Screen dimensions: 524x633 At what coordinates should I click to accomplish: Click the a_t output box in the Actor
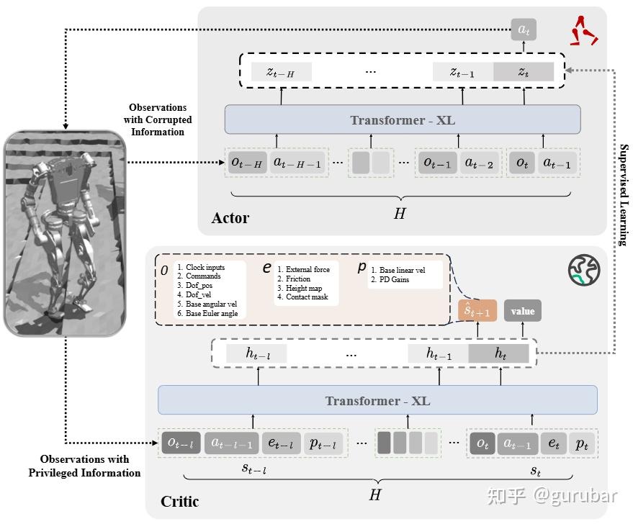(x=524, y=30)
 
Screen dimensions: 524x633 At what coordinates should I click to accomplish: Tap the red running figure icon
(x=584, y=30)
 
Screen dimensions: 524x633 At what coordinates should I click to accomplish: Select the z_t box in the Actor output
(x=524, y=71)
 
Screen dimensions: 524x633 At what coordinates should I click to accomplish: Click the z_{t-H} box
(x=281, y=71)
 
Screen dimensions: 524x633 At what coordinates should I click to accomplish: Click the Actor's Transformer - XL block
(x=403, y=119)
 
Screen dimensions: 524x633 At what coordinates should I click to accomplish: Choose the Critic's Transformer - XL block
(x=377, y=400)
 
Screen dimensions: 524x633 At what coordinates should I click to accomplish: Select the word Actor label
(x=230, y=217)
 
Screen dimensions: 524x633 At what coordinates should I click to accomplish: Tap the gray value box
(x=523, y=311)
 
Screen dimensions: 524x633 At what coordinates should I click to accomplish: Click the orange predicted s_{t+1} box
(x=477, y=311)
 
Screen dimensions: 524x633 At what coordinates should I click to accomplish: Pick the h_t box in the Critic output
(x=498, y=353)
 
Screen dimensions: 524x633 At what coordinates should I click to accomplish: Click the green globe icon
(x=583, y=268)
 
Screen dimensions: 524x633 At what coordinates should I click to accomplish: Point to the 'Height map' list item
(x=303, y=288)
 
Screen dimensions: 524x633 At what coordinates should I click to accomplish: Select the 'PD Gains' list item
(x=393, y=279)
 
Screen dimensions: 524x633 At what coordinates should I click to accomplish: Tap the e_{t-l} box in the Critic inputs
(x=279, y=444)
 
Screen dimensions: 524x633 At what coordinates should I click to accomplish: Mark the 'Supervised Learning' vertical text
(x=624, y=195)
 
